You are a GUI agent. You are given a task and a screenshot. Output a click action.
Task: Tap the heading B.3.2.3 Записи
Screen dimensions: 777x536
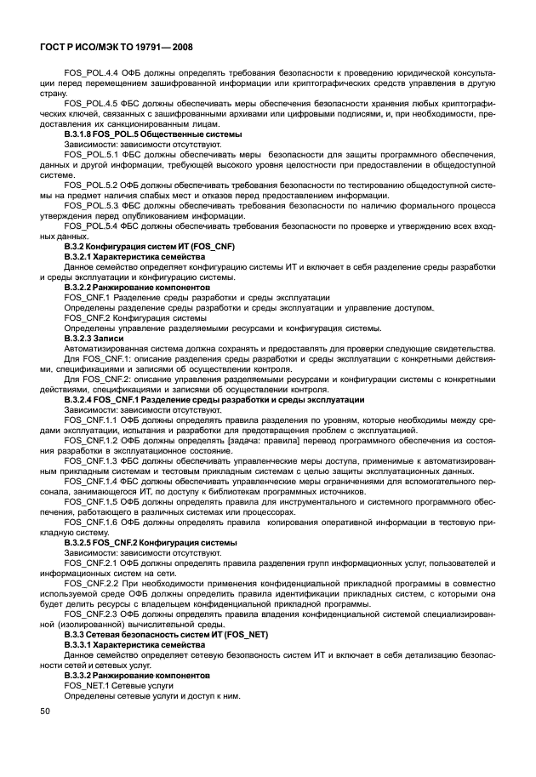click(x=94, y=338)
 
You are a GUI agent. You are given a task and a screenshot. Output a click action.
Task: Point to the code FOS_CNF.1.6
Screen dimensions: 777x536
click(x=90, y=522)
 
